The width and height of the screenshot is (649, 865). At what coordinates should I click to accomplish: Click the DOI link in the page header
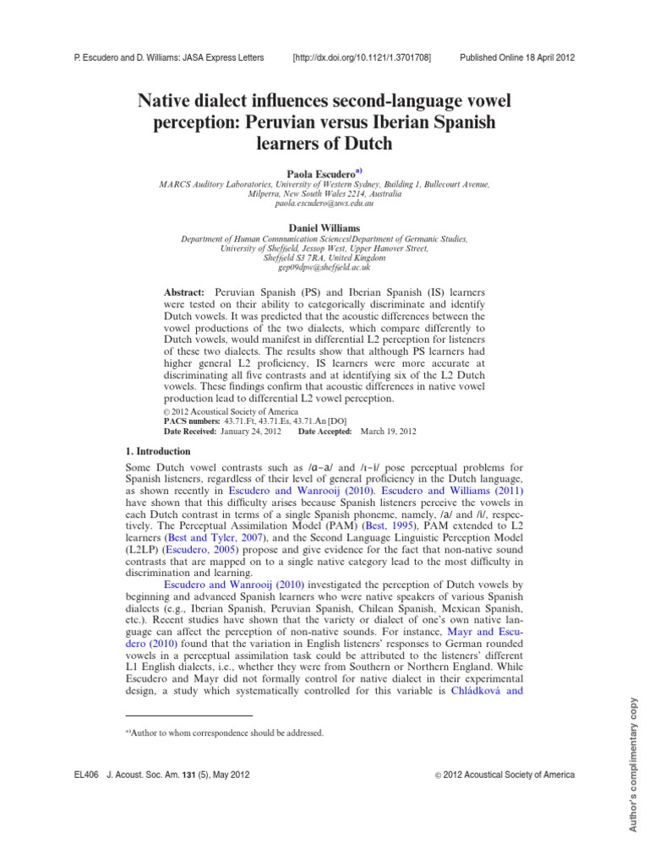click(362, 57)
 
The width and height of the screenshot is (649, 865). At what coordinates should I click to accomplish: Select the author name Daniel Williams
click(324, 228)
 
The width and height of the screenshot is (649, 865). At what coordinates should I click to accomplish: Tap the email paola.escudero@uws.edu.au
click(324, 204)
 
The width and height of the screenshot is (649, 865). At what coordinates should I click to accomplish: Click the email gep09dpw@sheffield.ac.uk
click(324, 267)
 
